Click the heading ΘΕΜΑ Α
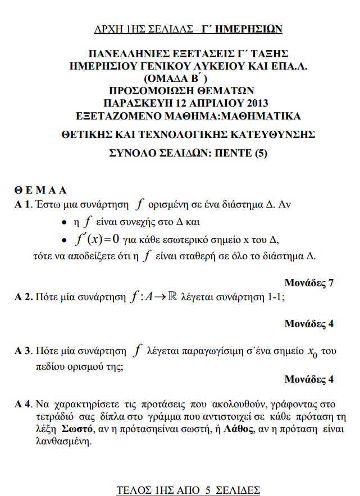click(40, 189)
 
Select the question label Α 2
click(23, 298)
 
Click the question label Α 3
click(23, 352)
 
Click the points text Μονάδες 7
click(309, 283)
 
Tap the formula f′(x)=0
click(97, 240)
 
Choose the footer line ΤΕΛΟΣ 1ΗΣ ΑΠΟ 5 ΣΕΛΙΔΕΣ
click(188, 490)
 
